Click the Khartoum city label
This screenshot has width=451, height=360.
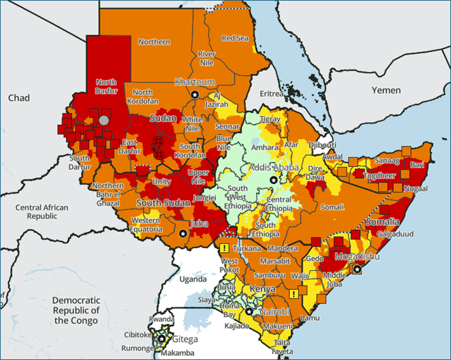click(x=195, y=82)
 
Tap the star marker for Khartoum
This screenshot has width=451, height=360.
click(x=194, y=94)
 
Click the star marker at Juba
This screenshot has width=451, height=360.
click(x=184, y=234)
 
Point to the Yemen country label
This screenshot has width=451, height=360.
click(x=387, y=90)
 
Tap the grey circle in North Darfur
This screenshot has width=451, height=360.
click(x=104, y=120)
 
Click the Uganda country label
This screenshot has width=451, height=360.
click(x=192, y=279)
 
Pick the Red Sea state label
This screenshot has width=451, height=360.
click(x=234, y=38)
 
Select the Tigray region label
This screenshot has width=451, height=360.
click(x=270, y=119)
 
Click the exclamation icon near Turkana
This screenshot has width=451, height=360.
click(x=224, y=248)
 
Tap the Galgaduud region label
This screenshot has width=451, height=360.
click(x=395, y=234)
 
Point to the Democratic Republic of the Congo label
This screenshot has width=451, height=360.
click(x=76, y=310)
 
